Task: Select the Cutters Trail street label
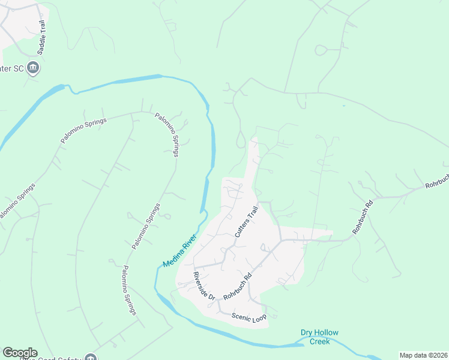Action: click(x=246, y=221)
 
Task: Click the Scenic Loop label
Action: click(x=249, y=316)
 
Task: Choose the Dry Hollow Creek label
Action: click(x=319, y=337)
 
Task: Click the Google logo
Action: click(x=20, y=353)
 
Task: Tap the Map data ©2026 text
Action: click(x=423, y=355)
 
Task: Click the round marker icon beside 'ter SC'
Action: click(x=34, y=68)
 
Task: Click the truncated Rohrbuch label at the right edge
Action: click(x=437, y=183)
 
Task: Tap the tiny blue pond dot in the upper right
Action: click(x=343, y=106)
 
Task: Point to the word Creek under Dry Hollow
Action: click(x=319, y=341)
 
